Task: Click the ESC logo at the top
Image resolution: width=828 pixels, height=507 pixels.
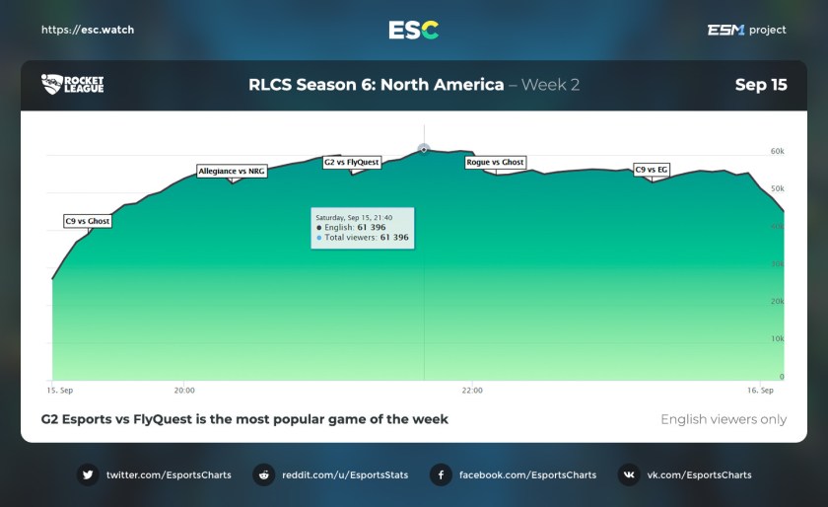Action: click(413, 30)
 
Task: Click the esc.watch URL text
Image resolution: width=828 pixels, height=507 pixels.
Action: click(88, 30)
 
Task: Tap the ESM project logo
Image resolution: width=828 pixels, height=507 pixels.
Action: click(746, 30)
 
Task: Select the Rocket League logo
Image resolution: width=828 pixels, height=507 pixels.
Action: click(72, 85)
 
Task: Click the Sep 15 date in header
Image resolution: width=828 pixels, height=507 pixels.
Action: click(761, 85)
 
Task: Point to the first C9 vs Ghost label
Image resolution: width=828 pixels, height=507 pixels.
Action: click(87, 221)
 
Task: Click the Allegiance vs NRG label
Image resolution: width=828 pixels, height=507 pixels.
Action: click(232, 171)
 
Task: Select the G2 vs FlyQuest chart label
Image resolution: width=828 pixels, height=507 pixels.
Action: click(352, 162)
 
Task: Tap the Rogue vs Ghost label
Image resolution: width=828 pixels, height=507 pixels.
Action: click(495, 162)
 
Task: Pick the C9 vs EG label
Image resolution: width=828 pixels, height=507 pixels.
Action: click(652, 170)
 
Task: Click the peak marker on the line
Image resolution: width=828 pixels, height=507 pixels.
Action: click(424, 149)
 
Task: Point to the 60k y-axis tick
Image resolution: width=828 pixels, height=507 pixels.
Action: click(777, 152)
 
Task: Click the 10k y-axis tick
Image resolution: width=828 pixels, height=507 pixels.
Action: click(777, 338)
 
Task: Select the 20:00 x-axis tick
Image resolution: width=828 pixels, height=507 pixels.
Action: click(184, 390)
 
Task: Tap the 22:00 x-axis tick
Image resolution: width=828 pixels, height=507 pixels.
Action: click(472, 390)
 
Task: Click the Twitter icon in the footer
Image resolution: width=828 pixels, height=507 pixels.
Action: click(88, 474)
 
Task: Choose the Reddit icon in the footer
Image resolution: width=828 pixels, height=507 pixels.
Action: click(263, 474)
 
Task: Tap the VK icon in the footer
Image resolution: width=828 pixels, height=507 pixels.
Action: click(628, 474)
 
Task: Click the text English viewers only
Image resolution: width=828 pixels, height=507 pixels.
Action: click(724, 419)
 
